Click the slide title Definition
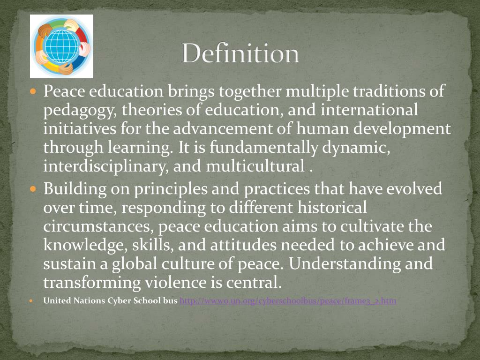click(x=240, y=53)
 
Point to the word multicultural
click(x=257, y=166)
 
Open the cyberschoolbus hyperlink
click(x=288, y=301)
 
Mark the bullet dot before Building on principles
click(x=33, y=189)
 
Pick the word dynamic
click(x=356, y=148)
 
